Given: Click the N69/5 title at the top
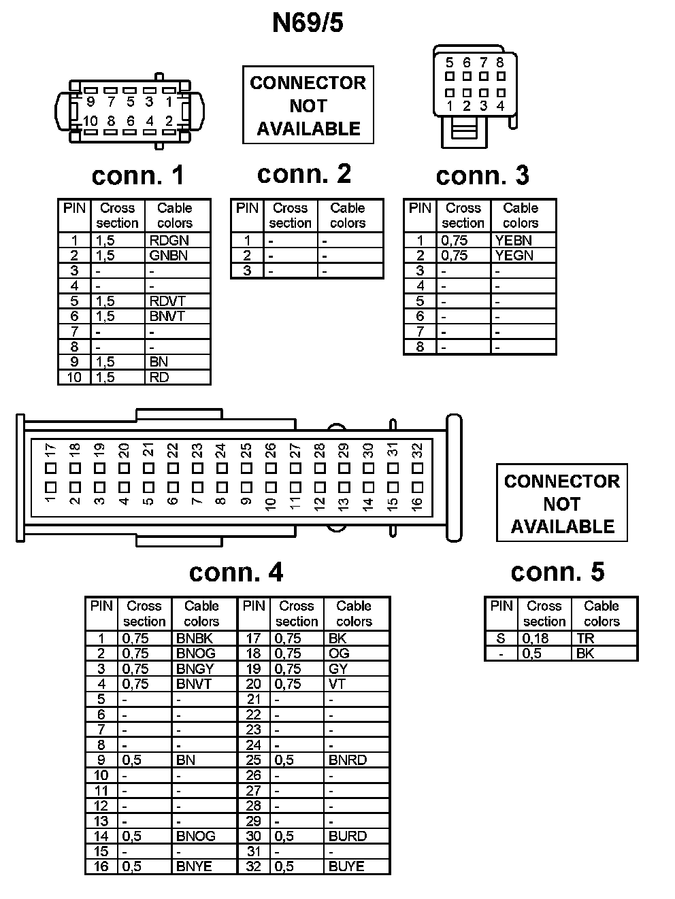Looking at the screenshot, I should click(308, 22).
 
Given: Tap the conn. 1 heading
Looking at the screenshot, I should click(137, 175).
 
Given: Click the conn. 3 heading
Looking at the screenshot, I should click(482, 175).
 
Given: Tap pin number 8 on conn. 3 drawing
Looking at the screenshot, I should click(500, 63).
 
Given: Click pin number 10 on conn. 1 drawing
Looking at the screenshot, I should click(90, 121).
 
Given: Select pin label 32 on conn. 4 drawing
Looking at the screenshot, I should click(417, 450).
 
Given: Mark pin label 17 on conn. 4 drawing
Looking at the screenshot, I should click(50, 450).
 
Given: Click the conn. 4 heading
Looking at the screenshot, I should click(235, 573).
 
